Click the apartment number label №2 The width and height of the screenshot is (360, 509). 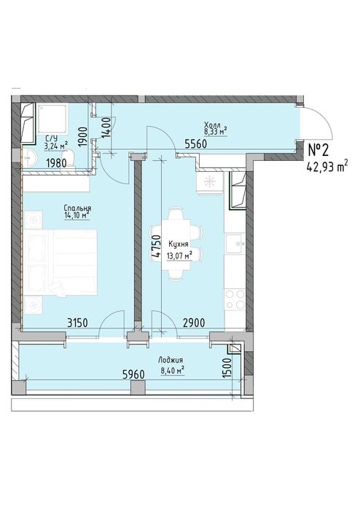tap(318, 150)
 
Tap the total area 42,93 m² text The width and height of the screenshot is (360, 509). tap(327, 167)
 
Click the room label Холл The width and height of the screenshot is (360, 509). tap(212, 125)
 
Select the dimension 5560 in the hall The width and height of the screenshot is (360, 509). tap(196, 143)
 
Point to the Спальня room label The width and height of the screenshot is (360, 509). tap(77, 208)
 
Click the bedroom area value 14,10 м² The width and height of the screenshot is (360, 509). tap(77, 216)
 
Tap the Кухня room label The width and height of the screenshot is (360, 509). tap(178, 244)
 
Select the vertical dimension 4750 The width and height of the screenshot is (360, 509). tap(156, 246)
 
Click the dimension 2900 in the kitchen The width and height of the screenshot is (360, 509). tap(194, 323)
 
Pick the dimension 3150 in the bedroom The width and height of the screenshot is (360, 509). tap(78, 323)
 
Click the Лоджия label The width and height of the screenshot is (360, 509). tap(171, 360)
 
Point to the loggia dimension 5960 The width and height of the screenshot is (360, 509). tap(133, 374)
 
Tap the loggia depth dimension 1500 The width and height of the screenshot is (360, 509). tap(227, 367)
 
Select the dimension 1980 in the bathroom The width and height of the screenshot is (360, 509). tap(56, 163)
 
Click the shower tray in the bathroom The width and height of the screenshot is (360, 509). tap(52, 119)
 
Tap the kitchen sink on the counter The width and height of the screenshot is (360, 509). tap(235, 243)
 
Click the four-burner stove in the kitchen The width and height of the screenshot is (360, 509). tap(235, 299)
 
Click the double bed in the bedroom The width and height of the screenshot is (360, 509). tap(60, 262)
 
